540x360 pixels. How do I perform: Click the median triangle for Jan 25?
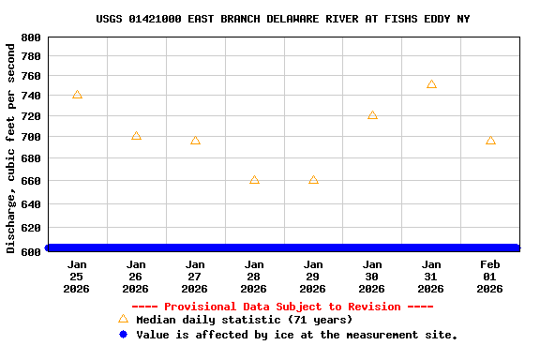[77, 95]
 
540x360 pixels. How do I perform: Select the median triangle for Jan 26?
[136, 136]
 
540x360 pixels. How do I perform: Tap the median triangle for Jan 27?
[195, 141]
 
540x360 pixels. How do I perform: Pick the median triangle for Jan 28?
[254, 179]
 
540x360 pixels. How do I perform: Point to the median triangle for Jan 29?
[313, 179]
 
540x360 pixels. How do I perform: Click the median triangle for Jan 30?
[372, 115]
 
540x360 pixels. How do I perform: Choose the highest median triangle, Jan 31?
[431, 84]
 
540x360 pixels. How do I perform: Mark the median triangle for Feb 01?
[490, 141]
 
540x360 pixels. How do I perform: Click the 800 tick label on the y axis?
[31, 37]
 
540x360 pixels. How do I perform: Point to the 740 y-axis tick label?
[31, 97]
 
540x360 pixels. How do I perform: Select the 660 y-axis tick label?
[31, 181]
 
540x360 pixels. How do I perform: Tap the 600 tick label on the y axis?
[31, 250]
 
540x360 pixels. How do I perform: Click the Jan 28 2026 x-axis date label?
[254, 277]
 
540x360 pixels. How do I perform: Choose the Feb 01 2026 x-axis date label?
[490, 277]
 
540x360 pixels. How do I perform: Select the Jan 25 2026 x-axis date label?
[77, 277]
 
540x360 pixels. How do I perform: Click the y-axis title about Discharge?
[11, 148]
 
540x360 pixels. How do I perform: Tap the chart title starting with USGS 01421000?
[283, 19]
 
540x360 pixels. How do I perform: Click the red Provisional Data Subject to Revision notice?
[282, 307]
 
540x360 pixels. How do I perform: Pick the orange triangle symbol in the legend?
[123, 319]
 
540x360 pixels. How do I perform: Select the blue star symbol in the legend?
[123, 335]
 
